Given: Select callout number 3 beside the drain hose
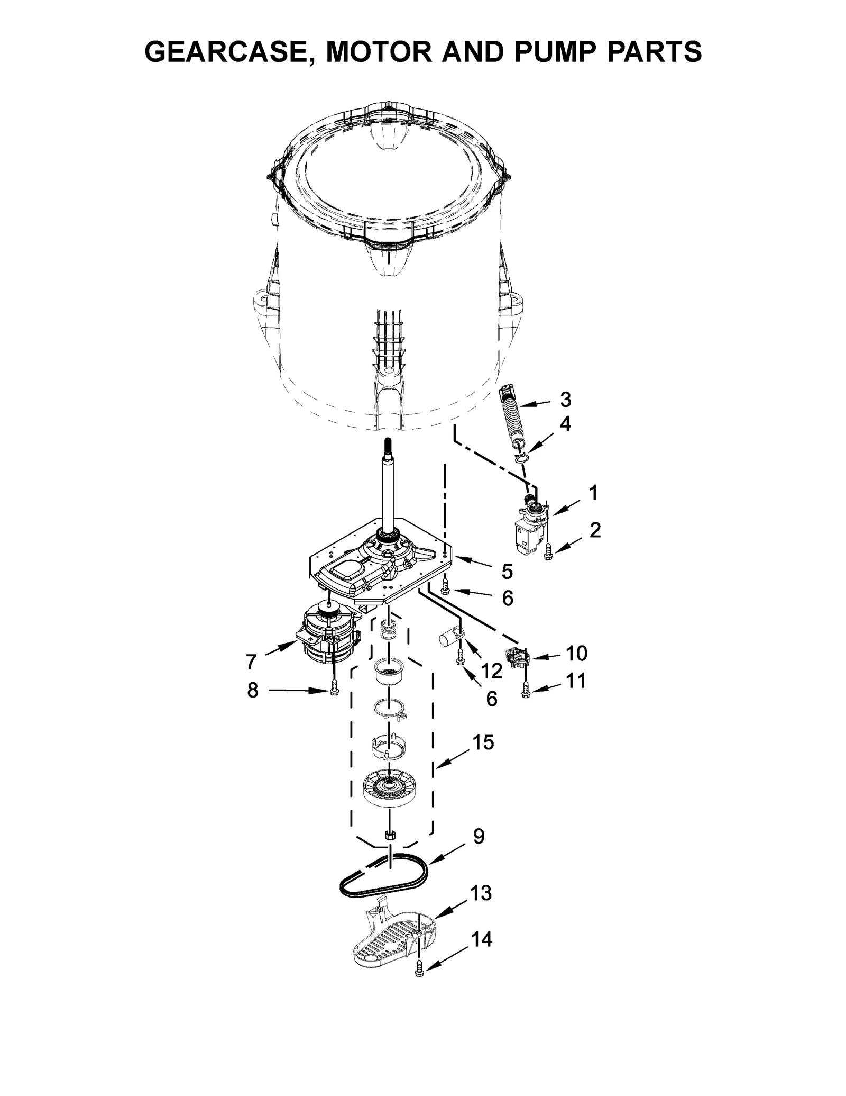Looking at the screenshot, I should (x=565, y=400).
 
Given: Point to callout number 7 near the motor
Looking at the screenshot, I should (x=251, y=661).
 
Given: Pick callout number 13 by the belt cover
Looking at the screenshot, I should (x=481, y=893).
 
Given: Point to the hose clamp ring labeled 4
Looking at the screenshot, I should (x=521, y=456).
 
